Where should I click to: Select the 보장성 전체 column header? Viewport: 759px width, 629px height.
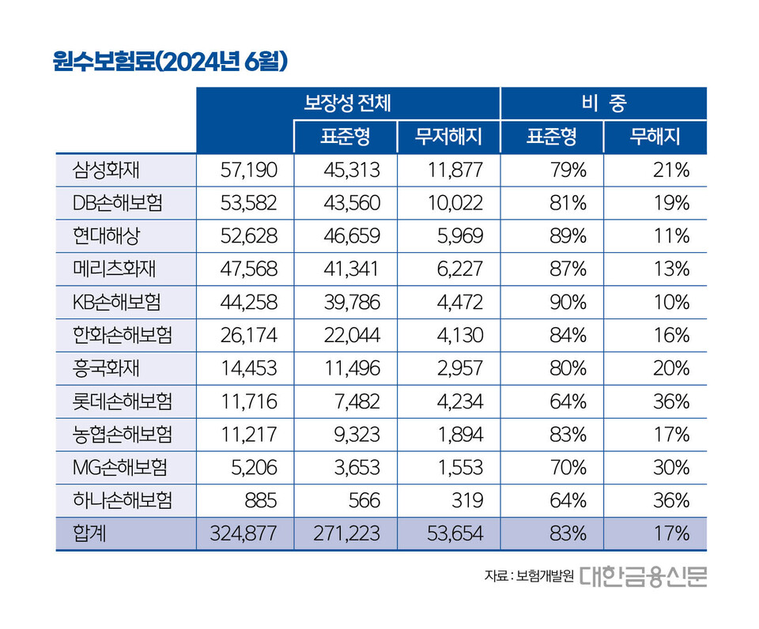(349, 102)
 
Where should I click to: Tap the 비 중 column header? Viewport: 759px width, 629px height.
(603, 102)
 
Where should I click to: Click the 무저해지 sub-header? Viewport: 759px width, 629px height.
(448, 137)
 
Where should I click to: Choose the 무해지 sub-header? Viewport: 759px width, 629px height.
(655, 137)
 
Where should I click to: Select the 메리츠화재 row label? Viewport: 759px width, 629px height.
(114, 269)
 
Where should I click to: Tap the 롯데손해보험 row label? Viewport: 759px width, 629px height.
(122, 401)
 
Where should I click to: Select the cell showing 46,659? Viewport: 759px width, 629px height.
(353, 236)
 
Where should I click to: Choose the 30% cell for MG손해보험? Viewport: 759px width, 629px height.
(672, 467)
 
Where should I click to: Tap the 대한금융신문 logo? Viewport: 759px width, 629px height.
(644, 575)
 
